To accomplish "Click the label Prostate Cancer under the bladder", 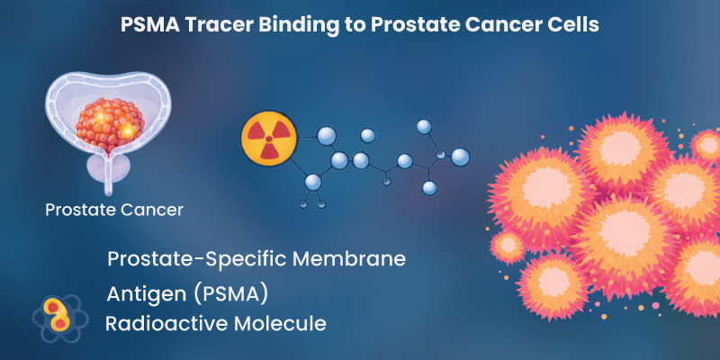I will coord(114,211).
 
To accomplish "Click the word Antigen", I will coord(144,294).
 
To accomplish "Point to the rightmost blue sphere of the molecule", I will coord(460,157).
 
